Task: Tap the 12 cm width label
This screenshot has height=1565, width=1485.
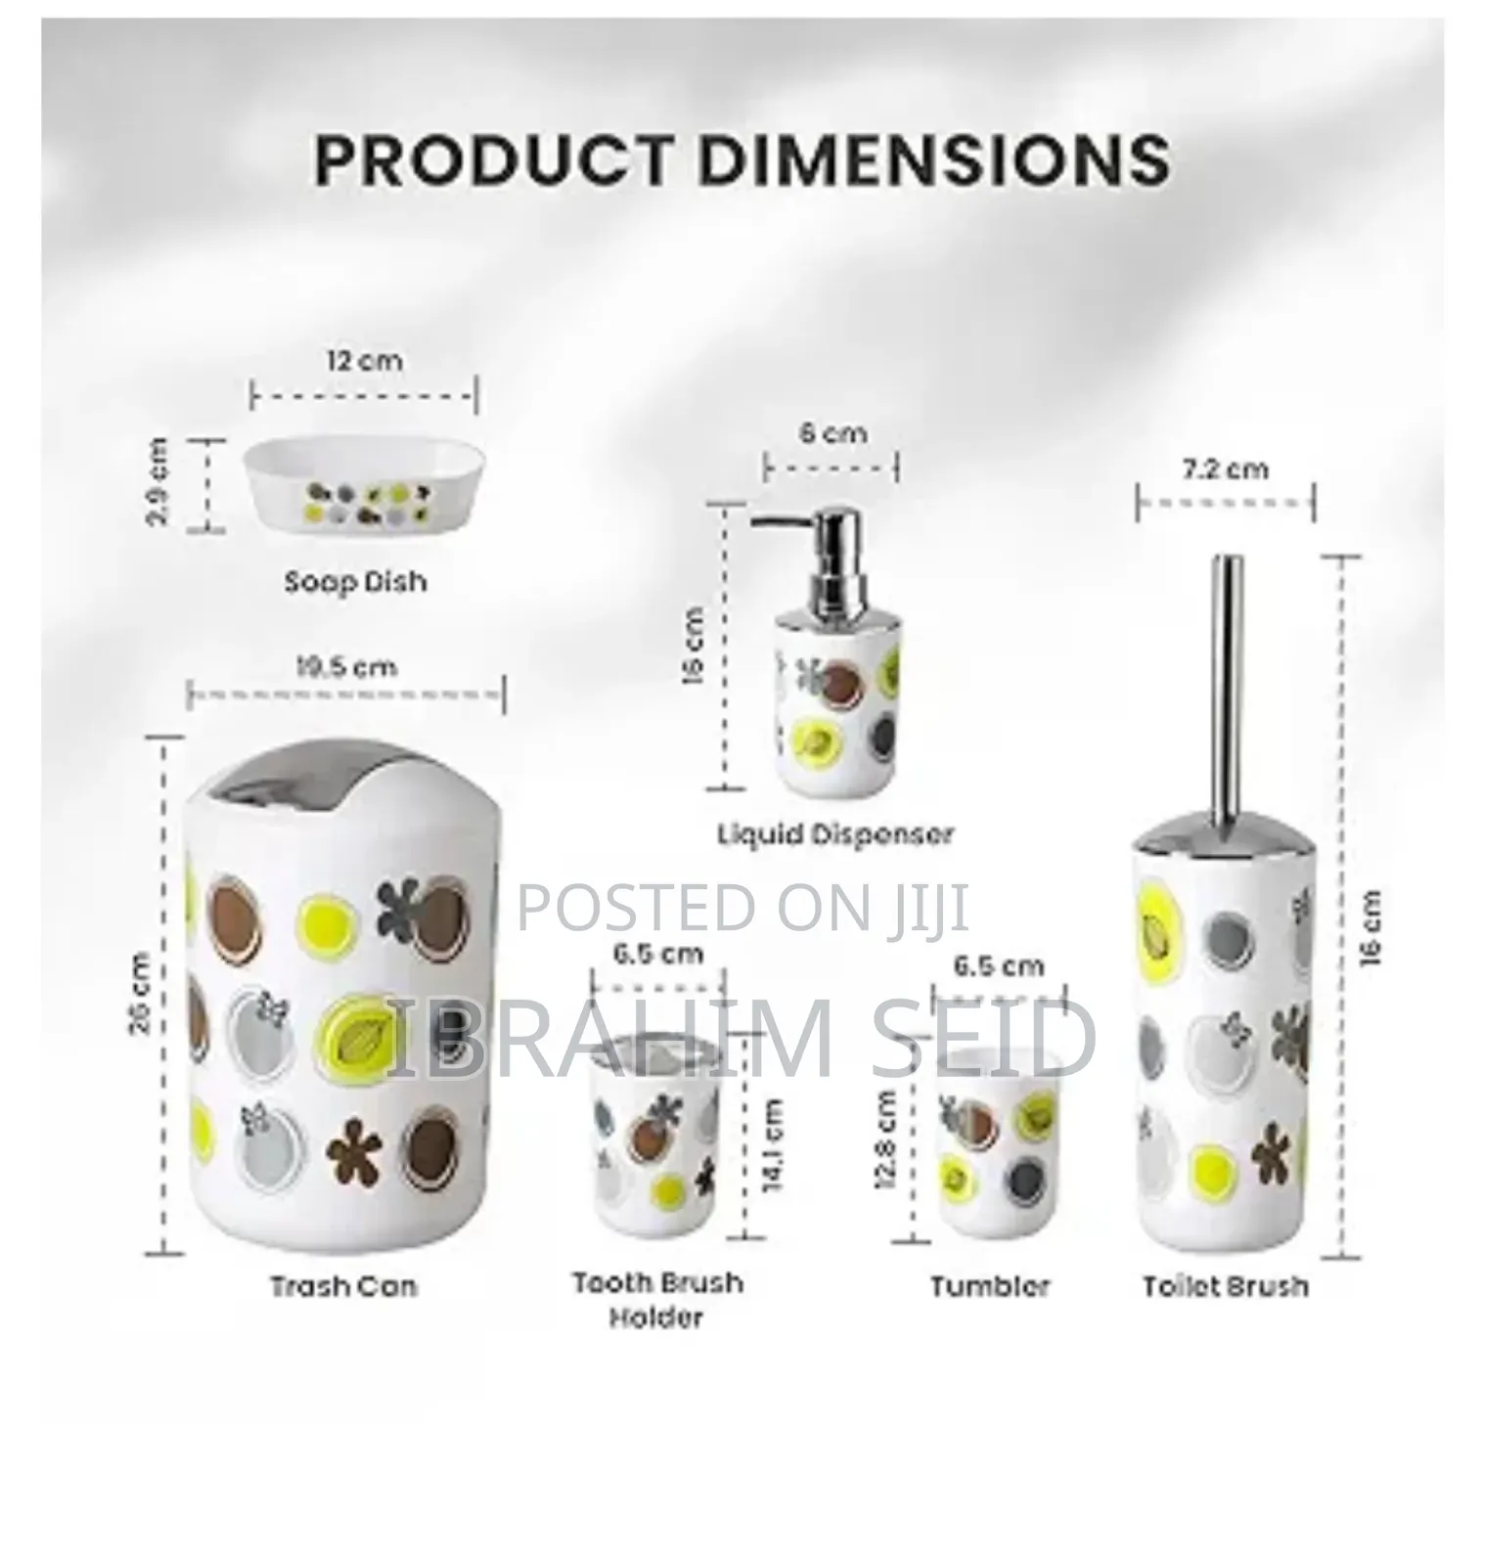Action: [364, 360]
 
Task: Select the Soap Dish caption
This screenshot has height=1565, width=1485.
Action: [356, 582]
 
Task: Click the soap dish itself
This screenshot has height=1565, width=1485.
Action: [364, 489]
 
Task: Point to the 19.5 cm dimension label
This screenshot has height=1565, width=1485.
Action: [346, 667]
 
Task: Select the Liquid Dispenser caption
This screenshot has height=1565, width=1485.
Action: [834, 834]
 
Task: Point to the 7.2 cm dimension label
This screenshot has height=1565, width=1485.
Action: [1225, 469]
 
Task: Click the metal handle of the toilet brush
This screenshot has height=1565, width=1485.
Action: [1226, 685]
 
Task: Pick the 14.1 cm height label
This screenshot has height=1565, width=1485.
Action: [773, 1144]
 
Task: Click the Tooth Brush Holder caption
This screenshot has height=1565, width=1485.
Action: [657, 1299]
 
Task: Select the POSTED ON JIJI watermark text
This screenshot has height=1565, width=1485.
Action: [742, 907]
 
